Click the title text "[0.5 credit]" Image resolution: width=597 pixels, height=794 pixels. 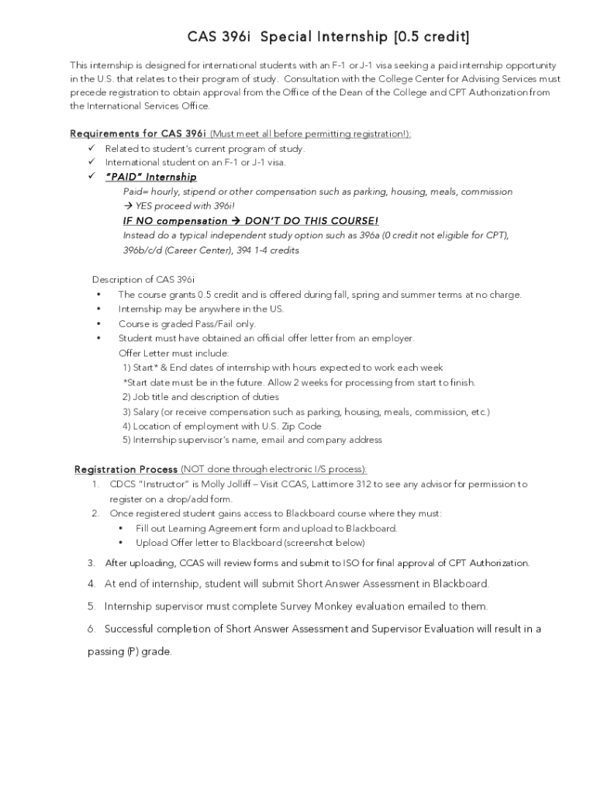(431, 37)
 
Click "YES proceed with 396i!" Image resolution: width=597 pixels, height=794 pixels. (185, 206)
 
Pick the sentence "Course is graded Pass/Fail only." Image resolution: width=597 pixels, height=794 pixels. (187, 323)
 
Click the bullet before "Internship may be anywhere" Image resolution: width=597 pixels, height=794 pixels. (98, 309)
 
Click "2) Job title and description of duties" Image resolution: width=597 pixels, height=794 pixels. (200, 396)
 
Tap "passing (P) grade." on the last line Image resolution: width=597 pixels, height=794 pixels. (129, 651)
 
